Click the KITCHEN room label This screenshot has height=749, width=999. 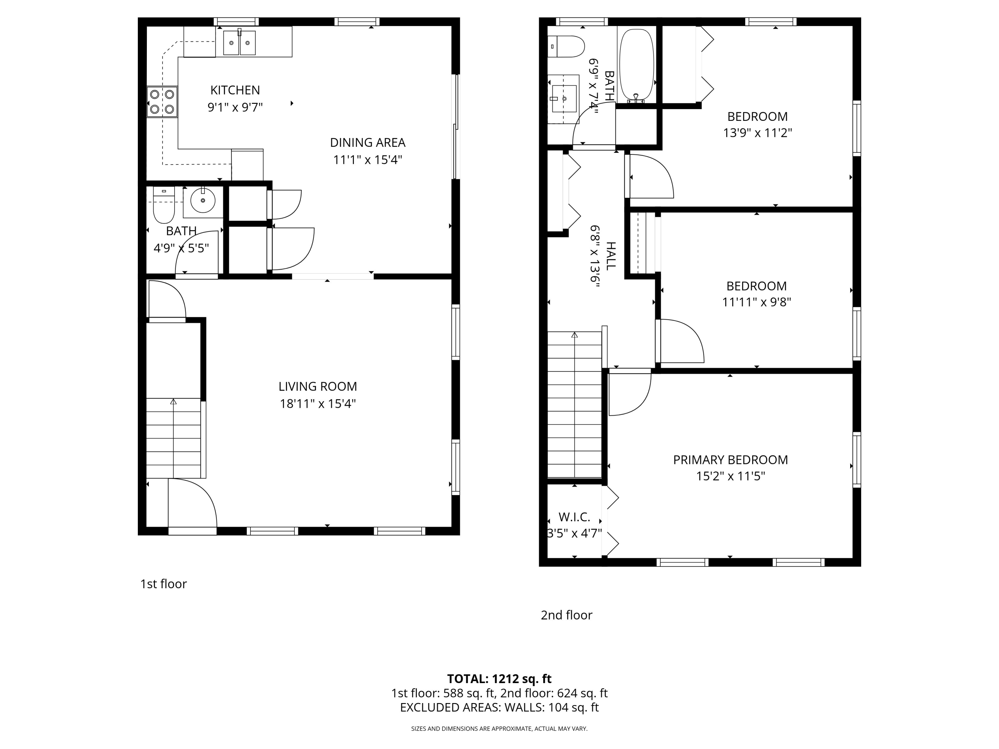235,90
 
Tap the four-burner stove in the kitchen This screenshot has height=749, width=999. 162,102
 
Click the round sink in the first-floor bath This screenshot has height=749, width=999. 203,201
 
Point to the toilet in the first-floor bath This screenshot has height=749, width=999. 164,205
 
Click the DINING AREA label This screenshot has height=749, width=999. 368,143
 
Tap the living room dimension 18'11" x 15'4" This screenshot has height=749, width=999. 317,403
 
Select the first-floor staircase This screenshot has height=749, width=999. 173,438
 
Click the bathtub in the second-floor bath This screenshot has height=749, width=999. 636,66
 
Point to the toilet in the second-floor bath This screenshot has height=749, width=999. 566,47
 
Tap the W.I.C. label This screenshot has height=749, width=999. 574,517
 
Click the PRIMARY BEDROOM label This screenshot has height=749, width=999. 730,460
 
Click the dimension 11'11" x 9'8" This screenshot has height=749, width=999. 757,302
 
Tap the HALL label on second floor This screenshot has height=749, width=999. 610,256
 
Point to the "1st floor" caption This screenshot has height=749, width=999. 164,584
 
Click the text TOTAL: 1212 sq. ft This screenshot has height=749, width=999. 499,678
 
